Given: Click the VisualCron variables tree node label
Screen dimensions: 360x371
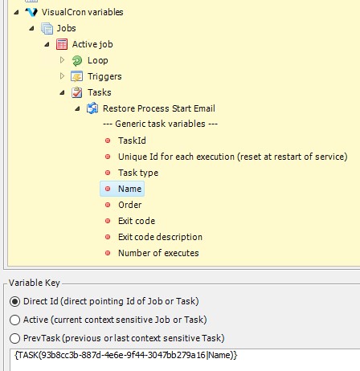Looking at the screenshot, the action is point(82,12).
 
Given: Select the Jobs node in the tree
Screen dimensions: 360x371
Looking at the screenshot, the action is point(66,28).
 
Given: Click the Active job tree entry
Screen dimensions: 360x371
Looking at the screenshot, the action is point(92,44).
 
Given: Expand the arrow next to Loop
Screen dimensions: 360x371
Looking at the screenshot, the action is point(62,60).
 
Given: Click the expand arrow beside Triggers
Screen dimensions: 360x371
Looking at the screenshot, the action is point(62,76).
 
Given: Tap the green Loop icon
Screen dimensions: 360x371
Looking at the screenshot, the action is point(77,60).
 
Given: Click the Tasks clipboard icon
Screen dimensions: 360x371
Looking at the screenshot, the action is point(77,92).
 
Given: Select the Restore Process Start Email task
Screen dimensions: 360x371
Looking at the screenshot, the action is point(159,108).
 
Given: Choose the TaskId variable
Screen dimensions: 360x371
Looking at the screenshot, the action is point(132,141).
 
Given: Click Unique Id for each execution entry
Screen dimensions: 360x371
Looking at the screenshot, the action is point(233,157).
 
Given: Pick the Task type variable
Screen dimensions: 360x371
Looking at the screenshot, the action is point(138,173).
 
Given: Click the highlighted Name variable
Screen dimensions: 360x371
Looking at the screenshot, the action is point(129,189).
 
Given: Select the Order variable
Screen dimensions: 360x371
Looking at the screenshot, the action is point(130,205).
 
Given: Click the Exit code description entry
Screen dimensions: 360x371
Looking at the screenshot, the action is point(160,237).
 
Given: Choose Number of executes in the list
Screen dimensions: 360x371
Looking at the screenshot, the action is point(158,253).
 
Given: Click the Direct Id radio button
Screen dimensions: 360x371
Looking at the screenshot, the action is point(15,301).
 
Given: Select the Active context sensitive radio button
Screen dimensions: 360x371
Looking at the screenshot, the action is point(15,320).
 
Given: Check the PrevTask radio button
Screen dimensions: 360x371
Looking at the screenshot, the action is point(15,338).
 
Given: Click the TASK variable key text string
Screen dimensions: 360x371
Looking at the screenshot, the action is point(126,355).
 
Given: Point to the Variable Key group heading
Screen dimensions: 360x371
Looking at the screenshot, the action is point(35,283).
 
